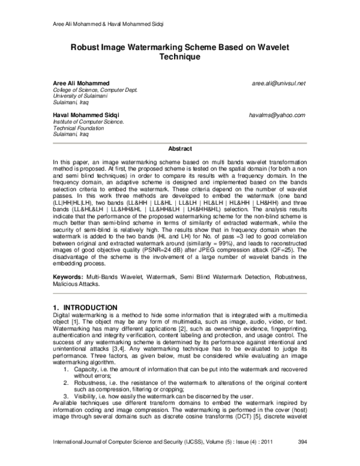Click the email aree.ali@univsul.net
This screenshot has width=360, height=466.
click(279, 82)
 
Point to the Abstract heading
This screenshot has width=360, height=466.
click(179, 148)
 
